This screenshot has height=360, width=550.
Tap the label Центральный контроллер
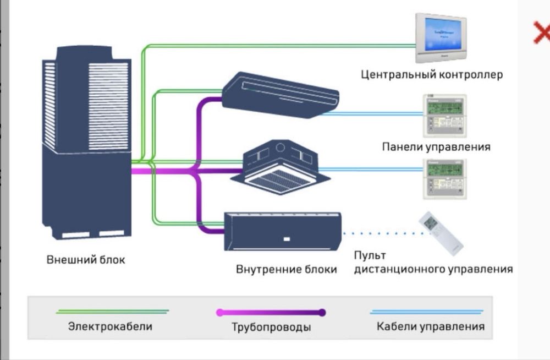point(432,75)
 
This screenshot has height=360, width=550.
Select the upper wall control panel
point(444,116)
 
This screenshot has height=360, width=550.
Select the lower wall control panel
point(444,178)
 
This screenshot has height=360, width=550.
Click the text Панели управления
point(436,147)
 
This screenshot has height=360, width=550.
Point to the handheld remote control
point(441,232)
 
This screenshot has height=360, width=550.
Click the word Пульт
point(370,255)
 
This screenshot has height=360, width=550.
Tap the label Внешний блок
point(85,259)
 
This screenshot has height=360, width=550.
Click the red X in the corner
point(542,33)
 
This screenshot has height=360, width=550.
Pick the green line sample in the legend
point(113,312)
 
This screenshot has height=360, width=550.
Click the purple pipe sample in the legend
point(271,312)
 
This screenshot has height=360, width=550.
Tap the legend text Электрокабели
point(110,326)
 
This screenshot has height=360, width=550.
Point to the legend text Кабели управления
point(431,326)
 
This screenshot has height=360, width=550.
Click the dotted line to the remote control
point(380,233)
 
